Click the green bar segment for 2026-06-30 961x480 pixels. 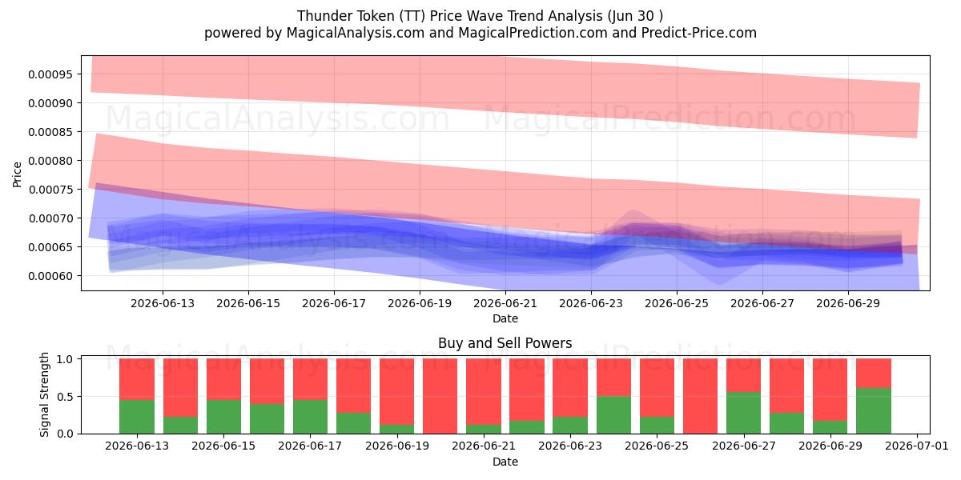click(x=874, y=410)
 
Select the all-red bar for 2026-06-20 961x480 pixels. click(x=440, y=396)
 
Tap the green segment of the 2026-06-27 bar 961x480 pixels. click(x=743, y=413)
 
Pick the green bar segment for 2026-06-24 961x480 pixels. click(x=613, y=415)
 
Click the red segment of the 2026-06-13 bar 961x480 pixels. click(x=137, y=379)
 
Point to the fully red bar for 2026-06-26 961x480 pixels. click(x=700, y=396)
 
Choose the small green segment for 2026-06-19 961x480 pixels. click(x=397, y=429)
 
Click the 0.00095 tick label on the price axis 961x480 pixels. click(x=50, y=74)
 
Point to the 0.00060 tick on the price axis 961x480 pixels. click(x=50, y=276)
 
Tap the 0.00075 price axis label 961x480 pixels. click(x=50, y=190)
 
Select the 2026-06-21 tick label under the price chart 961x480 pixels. click(x=505, y=303)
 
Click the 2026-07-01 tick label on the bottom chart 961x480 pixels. click(x=917, y=446)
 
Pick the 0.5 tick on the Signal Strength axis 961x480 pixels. click(x=64, y=397)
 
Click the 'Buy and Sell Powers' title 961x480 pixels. click(x=505, y=343)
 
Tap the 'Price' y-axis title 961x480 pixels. click(x=17, y=174)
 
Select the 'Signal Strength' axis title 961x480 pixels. click(x=44, y=394)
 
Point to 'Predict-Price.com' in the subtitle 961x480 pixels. click(x=699, y=33)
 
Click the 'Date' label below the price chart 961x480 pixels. click(x=505, y=318)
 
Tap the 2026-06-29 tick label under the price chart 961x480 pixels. click(x=848, y=303)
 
